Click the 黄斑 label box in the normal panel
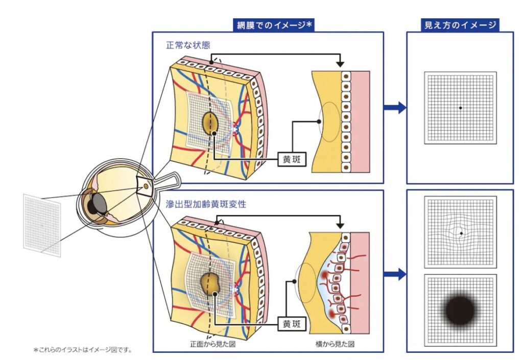pyautogui.click(x=292, y=159)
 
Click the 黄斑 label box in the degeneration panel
pyautogui.click(x=292, y=323)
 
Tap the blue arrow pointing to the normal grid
pyautogui.click(x=395, y=107)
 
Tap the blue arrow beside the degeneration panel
pyautogui.click(x=395, y=274)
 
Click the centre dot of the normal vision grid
pyautogui.click(x=460, y=108)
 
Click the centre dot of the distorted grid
pyautogui.click(x=461, y=233)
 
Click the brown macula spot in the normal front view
pyautogui.click(x=210, y=123)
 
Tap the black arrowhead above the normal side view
pyautogui.click(x=339, y=64)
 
